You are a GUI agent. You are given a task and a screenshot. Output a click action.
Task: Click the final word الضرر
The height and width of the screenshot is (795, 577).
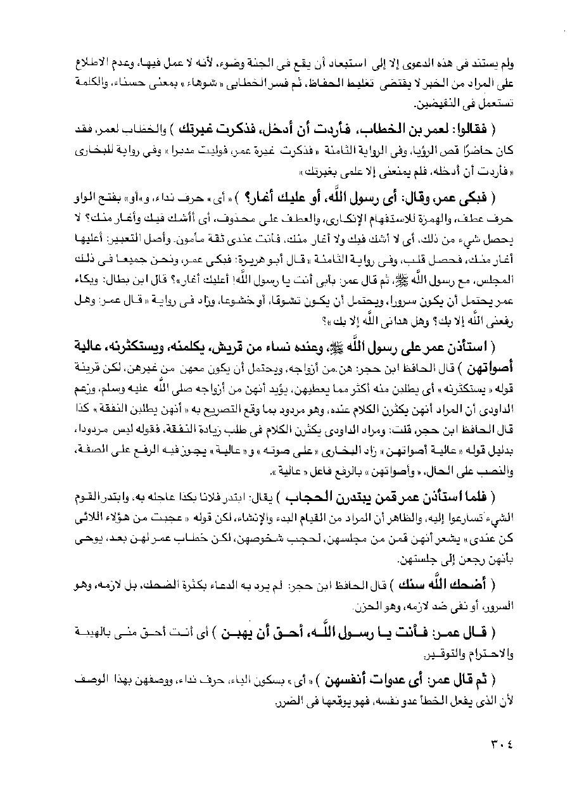pyautogui.click(x=263, y=702)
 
